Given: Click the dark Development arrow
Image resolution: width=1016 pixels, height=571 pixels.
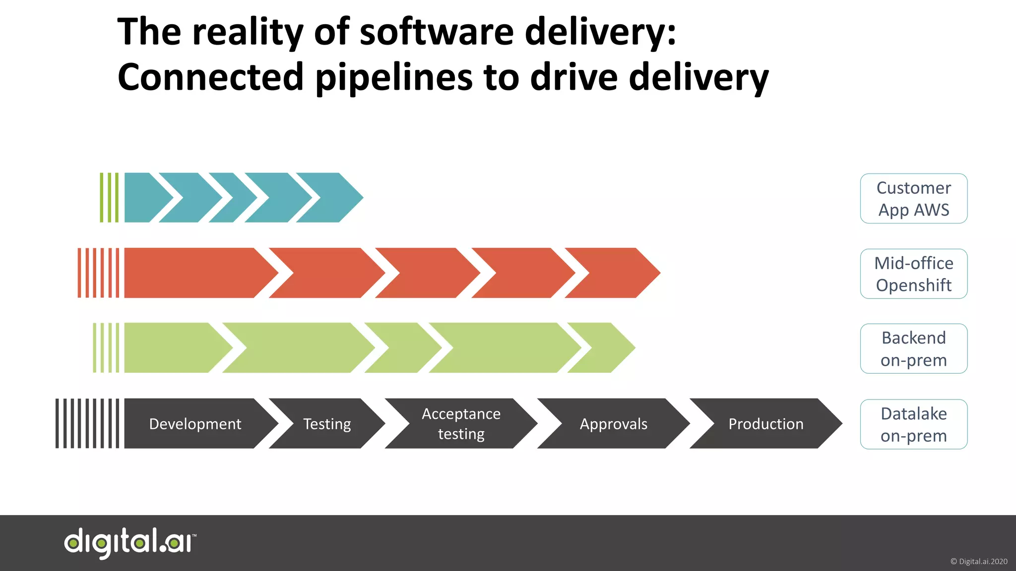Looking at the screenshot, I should pos(195,424).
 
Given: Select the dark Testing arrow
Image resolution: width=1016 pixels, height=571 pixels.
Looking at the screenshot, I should pos(327,424).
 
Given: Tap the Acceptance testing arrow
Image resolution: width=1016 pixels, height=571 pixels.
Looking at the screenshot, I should pos(461,424).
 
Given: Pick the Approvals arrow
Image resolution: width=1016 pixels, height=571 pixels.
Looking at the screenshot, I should pos(614,424).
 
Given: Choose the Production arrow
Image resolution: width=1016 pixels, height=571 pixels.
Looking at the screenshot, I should pos(766,424).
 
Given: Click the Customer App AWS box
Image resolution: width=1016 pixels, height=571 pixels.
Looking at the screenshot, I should pos(913,198).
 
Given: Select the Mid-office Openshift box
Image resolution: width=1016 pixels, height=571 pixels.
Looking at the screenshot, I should pos(913,274).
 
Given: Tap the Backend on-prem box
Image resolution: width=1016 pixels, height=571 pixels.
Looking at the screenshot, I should pos(913,348).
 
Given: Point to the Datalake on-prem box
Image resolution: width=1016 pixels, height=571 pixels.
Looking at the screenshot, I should pos(913,424).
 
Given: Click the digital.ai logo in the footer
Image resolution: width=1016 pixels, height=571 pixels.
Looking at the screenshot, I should pos(130,543).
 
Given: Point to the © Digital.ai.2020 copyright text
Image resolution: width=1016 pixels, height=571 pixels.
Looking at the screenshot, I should pos(978,562).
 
